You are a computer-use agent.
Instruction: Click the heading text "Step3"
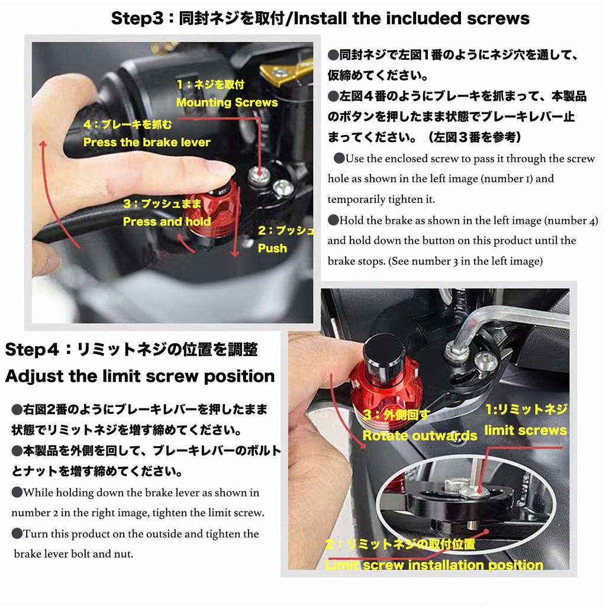tap(137, 18)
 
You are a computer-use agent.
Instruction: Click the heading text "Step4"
tap(32, 349)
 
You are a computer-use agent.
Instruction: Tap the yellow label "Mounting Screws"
tap(227, 102)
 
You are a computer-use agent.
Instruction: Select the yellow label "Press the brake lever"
tap(147, 142)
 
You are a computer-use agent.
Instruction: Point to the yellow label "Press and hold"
tap(167, 221)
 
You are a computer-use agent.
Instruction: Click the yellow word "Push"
tap(272, 248)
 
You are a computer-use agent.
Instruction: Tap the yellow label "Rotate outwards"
tap(420, 436)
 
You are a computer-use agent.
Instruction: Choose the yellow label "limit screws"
tap(526, 430)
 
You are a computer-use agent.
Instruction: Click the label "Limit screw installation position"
tap(434, 565)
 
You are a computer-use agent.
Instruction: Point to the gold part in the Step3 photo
tap(286, 72)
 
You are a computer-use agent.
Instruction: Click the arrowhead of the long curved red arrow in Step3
tap(43, 144)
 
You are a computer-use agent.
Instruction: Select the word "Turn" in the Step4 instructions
tap(36, 534)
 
